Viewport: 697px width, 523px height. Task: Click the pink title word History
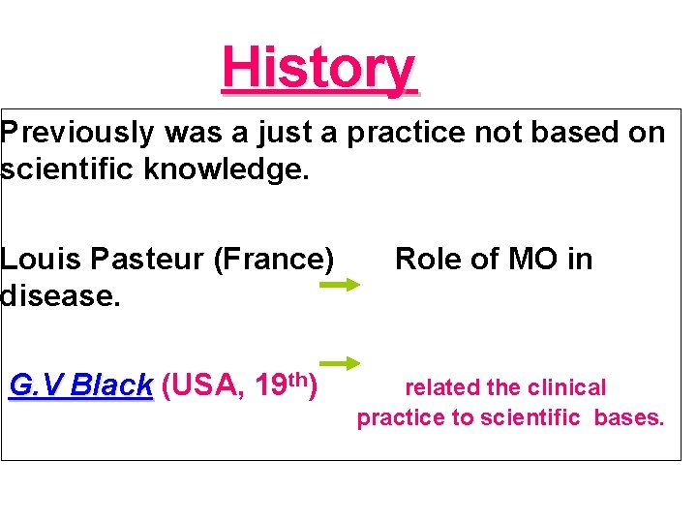coord(318,68)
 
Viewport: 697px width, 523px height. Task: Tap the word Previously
coord(78,133)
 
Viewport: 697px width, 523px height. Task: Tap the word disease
coord(60,295)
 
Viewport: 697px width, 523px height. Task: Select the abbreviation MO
coord(513,259)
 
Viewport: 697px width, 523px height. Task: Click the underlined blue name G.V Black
coord(80,385)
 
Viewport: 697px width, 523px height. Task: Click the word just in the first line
coord(298,133)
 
